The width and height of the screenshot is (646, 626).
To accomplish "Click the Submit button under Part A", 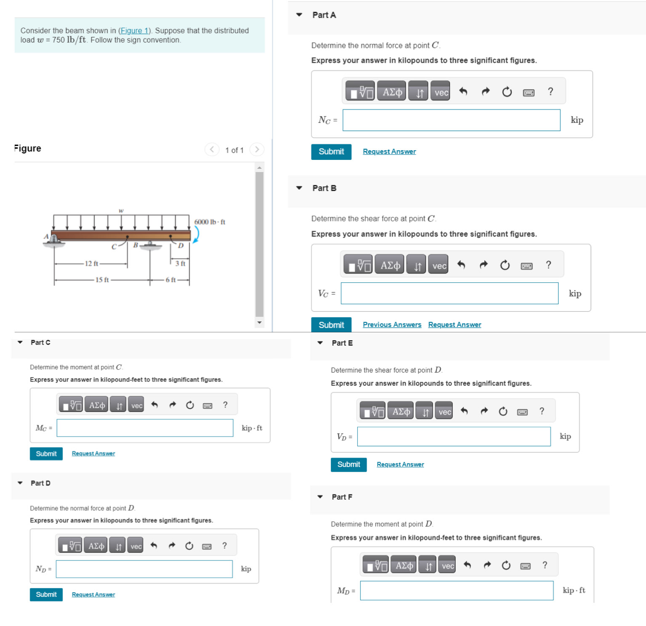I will pyautogui.click(x=331, y=152).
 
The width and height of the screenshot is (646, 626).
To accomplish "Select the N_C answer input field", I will pyautogui.click(x=451, y=120).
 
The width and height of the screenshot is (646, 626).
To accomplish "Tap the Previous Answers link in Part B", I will pyautogui.click(x=391, y=325).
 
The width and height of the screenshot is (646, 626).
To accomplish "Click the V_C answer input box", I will pyautogui.click(x=449, y=293).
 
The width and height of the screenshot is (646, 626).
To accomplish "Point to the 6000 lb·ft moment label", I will pyautogui.click(x=210, y=222).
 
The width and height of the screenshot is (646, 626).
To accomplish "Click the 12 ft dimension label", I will pyautogui.click(x=91, y=264).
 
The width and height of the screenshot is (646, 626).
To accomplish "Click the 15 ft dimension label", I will pyautogui.click(x=102, y=280).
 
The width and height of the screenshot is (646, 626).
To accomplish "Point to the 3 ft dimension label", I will pyautogui.click(x=180, y=263).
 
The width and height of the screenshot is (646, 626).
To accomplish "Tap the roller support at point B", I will pyautogui.click(x=150, y=245).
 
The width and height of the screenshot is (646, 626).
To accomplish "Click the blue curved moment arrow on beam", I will pyautogui.click(x=196, y=234).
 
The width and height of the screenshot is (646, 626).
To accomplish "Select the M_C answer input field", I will pyautogui.click(x=145, y=428).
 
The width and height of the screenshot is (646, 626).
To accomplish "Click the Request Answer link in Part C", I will pyautogui.click(x=93, y=454).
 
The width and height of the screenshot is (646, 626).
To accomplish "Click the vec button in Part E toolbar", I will pyautogui.click(x=444, y=412).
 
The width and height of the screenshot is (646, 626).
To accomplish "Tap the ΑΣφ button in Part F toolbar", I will pyautogui.click(x=404, y=566).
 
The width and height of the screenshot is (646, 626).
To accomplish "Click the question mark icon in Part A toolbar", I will pyautogui.click(x=550, y=92).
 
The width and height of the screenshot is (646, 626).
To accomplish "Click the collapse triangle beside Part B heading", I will pyautogui.click(x=299, y=188).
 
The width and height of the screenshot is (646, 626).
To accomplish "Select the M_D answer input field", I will pyautogui.click(x=456, y=591).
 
